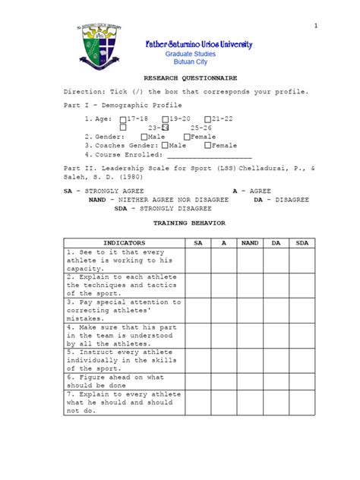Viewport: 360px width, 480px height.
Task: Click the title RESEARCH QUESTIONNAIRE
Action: point(181,77)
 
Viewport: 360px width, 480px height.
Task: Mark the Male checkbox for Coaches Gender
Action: point(165,145)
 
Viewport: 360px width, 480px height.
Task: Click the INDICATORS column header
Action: point(122,243)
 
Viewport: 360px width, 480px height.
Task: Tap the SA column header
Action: point(198,243)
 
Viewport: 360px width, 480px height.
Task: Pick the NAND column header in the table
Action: point(250,243)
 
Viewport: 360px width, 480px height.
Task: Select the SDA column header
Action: point(302,243)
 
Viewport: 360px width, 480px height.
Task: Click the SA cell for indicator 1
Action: point(198,260)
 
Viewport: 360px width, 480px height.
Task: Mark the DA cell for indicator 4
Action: point(276,335)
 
